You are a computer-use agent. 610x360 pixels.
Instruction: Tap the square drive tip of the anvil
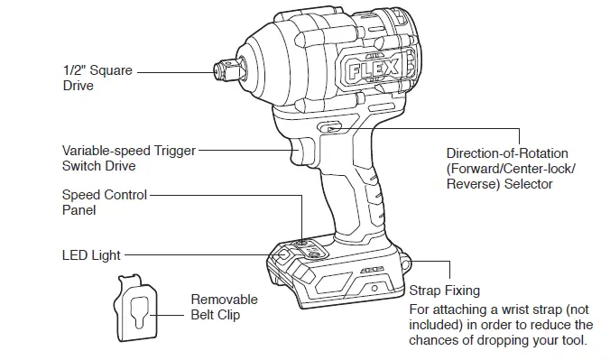coord(219,70)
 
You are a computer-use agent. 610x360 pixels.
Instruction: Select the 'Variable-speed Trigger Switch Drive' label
coord(127,158)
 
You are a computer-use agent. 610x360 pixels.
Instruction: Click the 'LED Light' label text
coord(90,256)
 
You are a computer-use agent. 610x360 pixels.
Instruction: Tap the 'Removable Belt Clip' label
coord(224,307)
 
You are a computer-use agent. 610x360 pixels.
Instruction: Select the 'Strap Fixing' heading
coord(444,291)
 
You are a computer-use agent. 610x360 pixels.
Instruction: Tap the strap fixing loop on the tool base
coord(406,262)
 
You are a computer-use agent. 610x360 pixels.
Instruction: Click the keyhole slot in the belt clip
coord(136,311)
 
